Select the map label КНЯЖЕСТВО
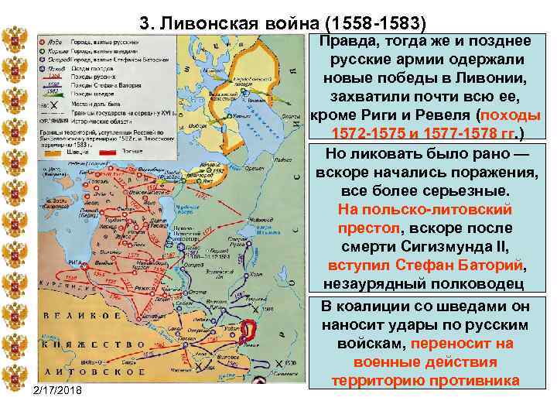coord(80,341)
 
